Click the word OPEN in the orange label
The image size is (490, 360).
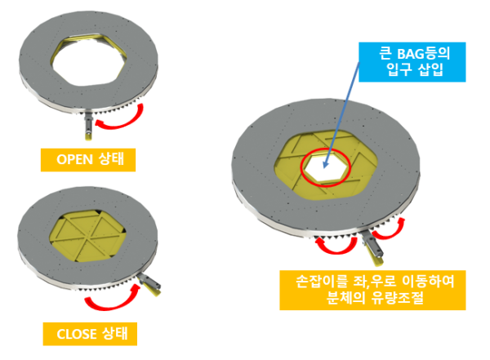coord(74,159)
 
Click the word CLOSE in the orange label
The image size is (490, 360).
coord(77,334)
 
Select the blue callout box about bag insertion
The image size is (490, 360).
coord(412,62)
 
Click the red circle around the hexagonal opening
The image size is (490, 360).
coord(326,168)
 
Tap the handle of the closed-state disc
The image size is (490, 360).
coord(150,284)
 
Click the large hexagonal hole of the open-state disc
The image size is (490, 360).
coord(88,61)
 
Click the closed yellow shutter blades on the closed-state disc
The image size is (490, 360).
coord(88,236)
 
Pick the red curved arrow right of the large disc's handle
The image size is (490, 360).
coord(389,229)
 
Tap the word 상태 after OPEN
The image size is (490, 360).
coord(112,159)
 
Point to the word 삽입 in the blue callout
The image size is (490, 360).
coord(431,69)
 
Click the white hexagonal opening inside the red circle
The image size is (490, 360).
coord(326,168)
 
